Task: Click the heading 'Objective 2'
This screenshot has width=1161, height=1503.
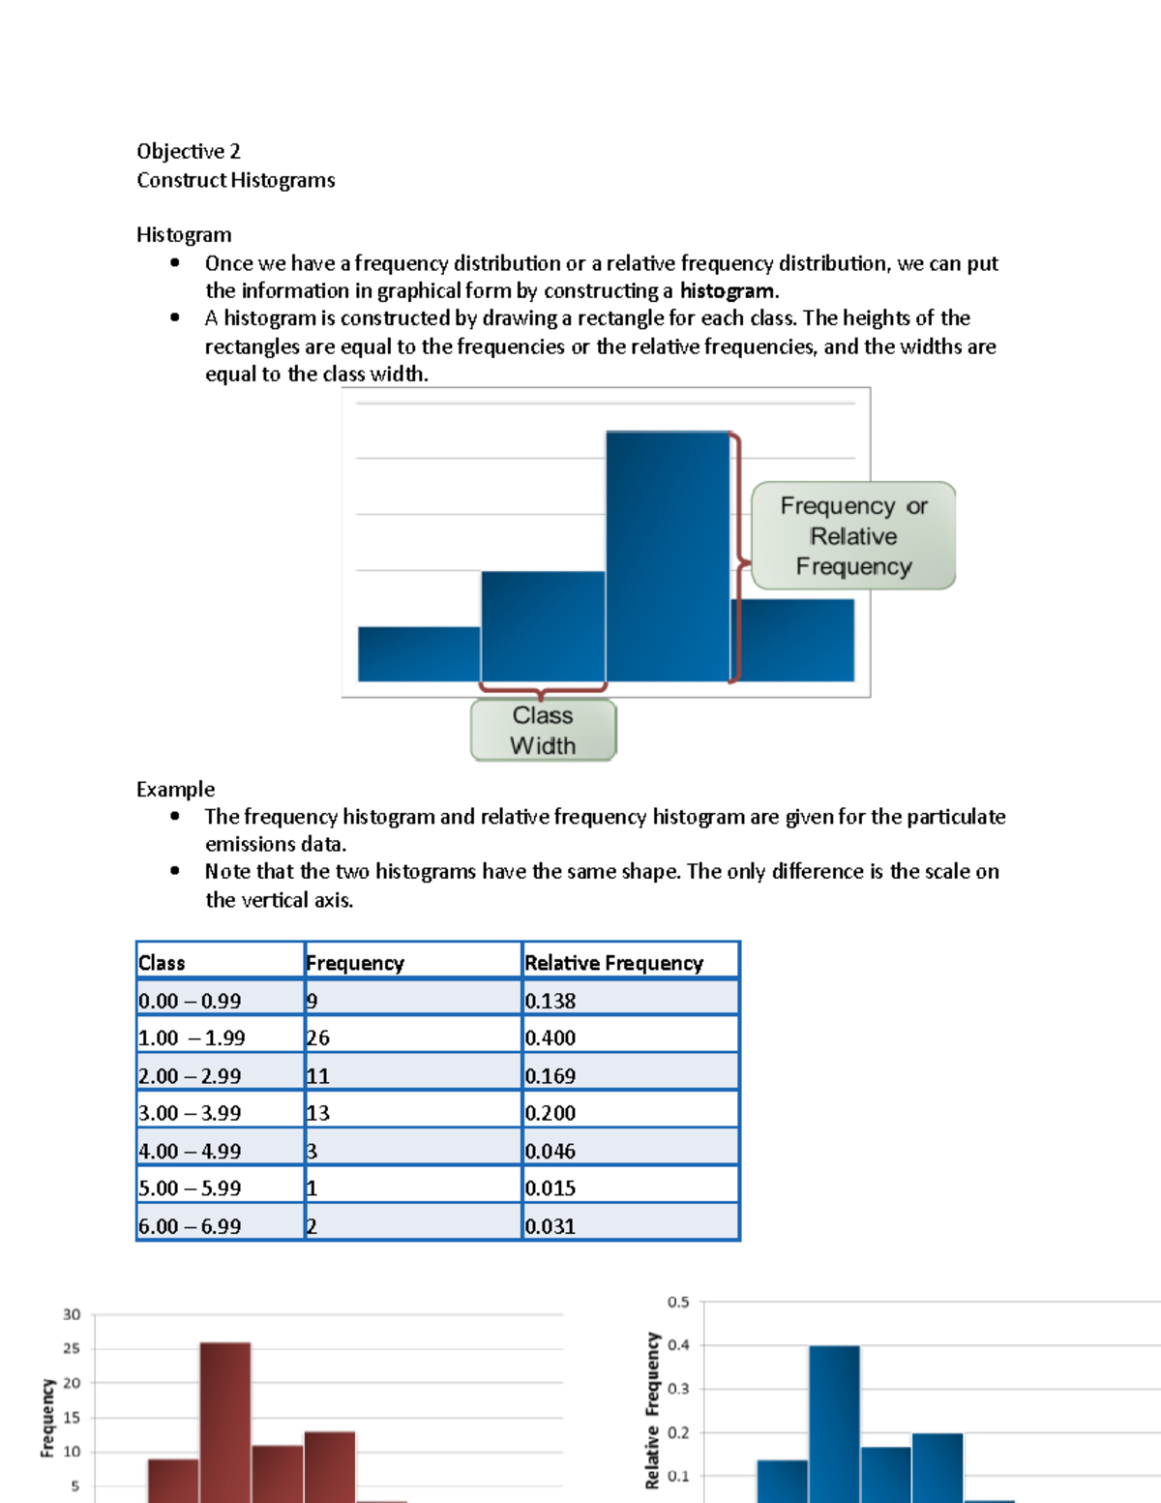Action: click(189, 151)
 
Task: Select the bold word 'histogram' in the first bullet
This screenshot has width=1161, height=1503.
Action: click(727, 290)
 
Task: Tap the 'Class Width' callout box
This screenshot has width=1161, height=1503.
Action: click(543, 730)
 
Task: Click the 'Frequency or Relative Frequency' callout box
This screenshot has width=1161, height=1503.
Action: click(853, 535)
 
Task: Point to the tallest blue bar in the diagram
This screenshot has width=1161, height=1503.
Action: click(668, 556)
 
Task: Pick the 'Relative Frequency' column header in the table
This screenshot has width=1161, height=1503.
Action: click(613, 963)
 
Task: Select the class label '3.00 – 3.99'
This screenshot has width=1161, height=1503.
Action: click(190, 1113)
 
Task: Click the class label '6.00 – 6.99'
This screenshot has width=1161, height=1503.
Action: click(190, 1226)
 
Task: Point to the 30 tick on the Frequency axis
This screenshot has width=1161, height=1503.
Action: click(72, 1314)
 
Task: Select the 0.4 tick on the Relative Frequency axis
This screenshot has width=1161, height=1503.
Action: click(678, 1345)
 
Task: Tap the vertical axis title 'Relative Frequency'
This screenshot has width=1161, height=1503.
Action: click(652, 1410)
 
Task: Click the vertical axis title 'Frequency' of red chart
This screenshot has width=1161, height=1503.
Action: click(47, 1418)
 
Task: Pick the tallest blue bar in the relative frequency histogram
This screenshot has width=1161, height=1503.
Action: click(834, 1423)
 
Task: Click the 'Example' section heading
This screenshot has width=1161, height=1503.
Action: click(175, 789)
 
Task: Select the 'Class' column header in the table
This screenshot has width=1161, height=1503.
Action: click(162, 963)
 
